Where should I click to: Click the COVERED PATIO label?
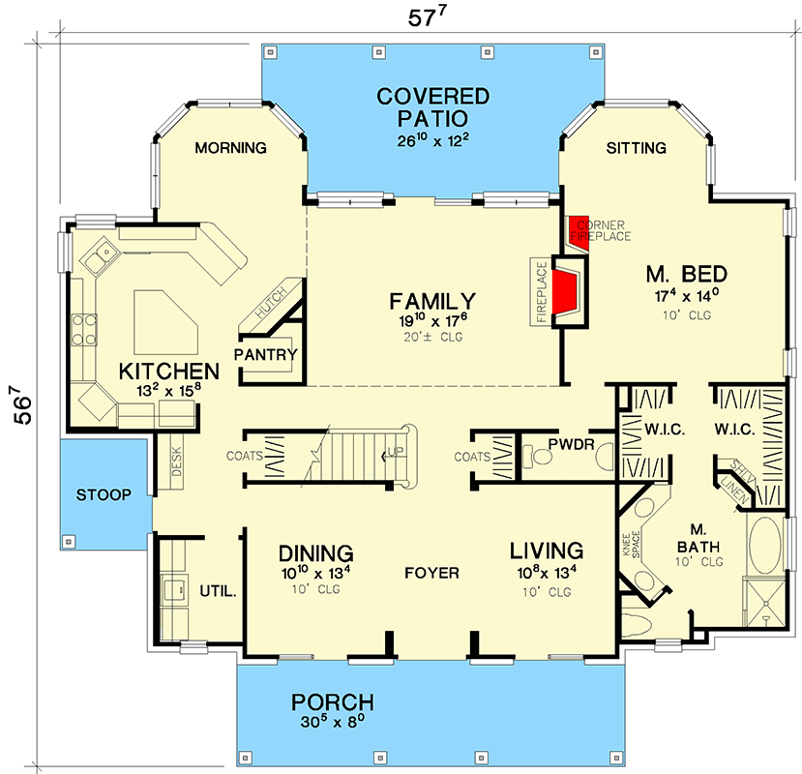432,107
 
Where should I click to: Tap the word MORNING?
230,148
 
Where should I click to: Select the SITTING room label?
637,148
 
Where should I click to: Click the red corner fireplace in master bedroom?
579,233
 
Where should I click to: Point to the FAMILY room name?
432,301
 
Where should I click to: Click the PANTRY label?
265,354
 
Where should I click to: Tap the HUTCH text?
271,303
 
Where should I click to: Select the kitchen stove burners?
84,330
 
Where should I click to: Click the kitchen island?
165,322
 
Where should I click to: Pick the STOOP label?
104,494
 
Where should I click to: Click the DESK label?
176,461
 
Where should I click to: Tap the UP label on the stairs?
396,452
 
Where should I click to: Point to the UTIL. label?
219,591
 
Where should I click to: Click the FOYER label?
431,573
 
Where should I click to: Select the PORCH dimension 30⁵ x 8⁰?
333,722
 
